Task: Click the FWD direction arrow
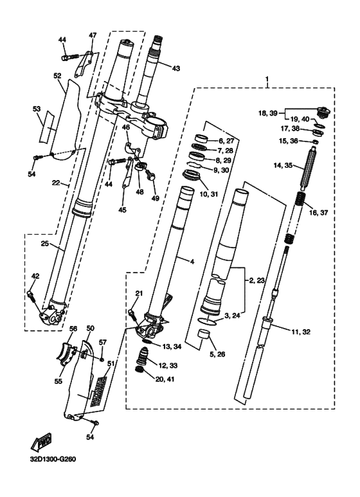point(42,442)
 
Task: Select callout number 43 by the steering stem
point(175,68)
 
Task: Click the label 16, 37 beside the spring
point(318,213)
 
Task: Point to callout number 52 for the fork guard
point(57,76)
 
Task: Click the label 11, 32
point(301,332)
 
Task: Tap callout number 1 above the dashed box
point(267,78)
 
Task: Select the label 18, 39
point(268,113)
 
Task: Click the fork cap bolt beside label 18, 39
point(323,113)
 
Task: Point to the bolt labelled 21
point(132,314)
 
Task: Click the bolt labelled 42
point(30,294)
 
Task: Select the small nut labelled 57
point(101,359)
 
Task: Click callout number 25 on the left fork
point(45,244)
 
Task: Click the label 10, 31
point(209,194)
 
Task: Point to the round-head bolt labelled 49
point(150,174)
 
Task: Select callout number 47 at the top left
point(92,35)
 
